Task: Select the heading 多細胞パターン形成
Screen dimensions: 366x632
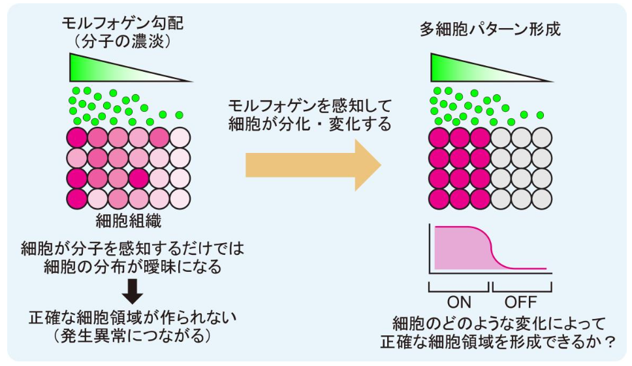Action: tap(490, 31)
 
